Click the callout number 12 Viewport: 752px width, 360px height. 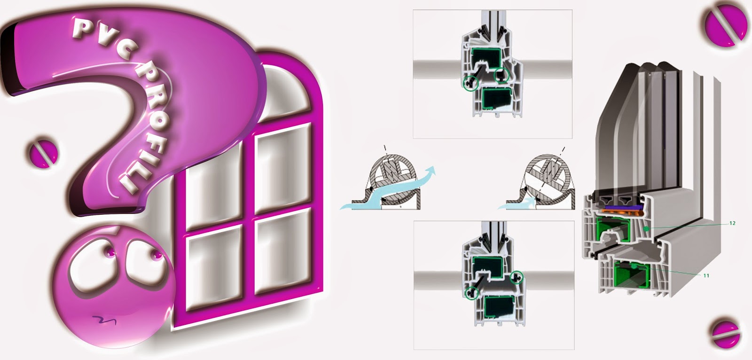click(732, 223)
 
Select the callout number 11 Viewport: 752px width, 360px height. click(706, 275)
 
